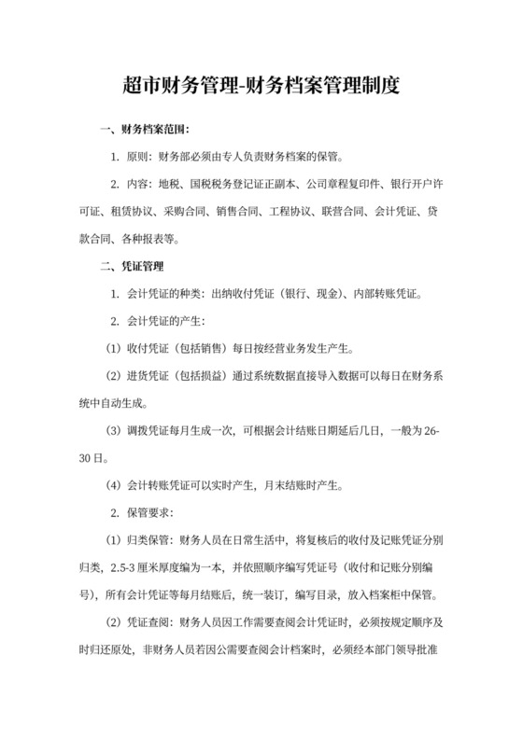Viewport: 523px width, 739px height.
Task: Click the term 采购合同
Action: [186, 211]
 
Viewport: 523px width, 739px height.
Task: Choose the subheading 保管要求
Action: [148, 514]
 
